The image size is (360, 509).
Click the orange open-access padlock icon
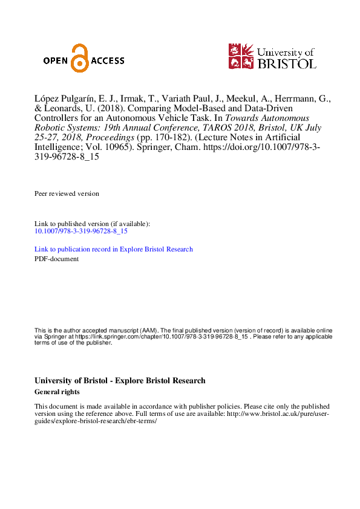[x=78, y=59]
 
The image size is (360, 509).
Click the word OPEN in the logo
[x=56, y=60]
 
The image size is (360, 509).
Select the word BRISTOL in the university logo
[x=287, y=63]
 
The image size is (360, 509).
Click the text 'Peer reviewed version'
[x=67, y=193]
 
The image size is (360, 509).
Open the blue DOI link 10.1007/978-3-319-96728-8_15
[x=81, y=231]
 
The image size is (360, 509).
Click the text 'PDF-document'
[x=56, y=259]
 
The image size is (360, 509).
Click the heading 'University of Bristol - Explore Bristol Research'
[x=120, y=381]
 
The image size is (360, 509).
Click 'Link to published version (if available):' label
[x=92, y=224]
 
